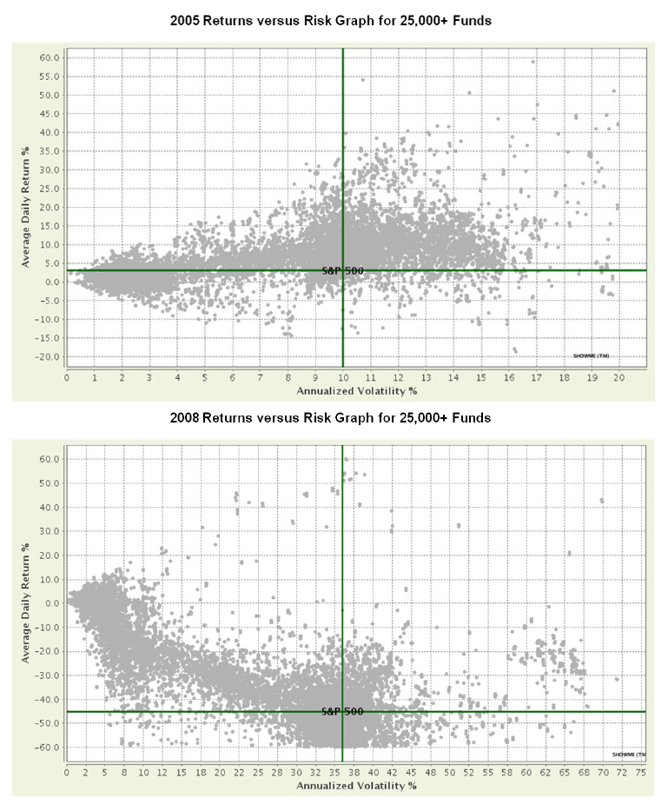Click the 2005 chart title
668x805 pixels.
pyautogui.click(x=334, y=21)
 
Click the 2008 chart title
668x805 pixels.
pyautogui.click(x=334, y=418)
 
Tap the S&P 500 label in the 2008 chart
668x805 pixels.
pyautogui.click(x=341, y=711)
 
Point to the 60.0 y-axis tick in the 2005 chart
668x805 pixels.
pyautogui.click(x=50, y=57)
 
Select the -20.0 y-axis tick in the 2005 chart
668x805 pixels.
pyautogui.click(x=49, y=356)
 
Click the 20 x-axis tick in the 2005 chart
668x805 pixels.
pyautogui.click(x=618, y=379)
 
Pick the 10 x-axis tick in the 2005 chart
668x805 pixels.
pyautogui.click(x=343, y=379)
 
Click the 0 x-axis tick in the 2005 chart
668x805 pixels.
pyautogui.click(x=67, y=379)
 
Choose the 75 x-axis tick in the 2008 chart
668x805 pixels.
pyautogui.click(x=640, y=770)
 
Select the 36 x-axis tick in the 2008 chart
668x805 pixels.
pyautogui.click(x=342, y=770)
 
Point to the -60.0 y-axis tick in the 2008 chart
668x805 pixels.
pyautogui.click(x=49, y=748)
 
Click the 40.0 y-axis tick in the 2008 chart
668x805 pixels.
pyautogui.click(x=50, y=507)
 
